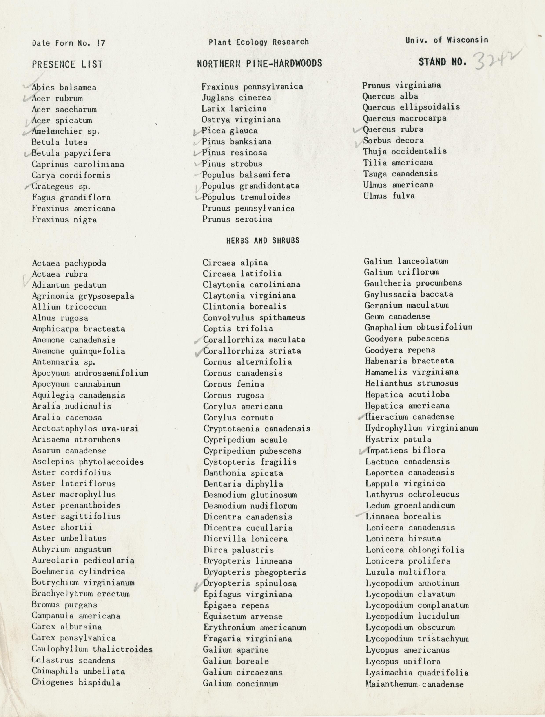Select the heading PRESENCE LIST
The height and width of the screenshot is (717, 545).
[x=67, y=64]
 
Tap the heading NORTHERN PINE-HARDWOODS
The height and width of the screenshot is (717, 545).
[x=259, y=63]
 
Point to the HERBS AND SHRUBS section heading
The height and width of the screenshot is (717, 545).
[x=262, y=240]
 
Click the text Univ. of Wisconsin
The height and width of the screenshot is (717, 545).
[x=446, y=40]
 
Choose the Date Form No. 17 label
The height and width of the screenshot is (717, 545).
[x=68, y=43]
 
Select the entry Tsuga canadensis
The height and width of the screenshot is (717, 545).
[x=400, y=174]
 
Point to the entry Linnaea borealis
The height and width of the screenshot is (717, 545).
[x=403, y=516]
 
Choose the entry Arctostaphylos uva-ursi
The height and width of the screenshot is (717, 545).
[x=85, y=428]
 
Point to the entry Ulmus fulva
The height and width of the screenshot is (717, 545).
[x=389, y=196]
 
